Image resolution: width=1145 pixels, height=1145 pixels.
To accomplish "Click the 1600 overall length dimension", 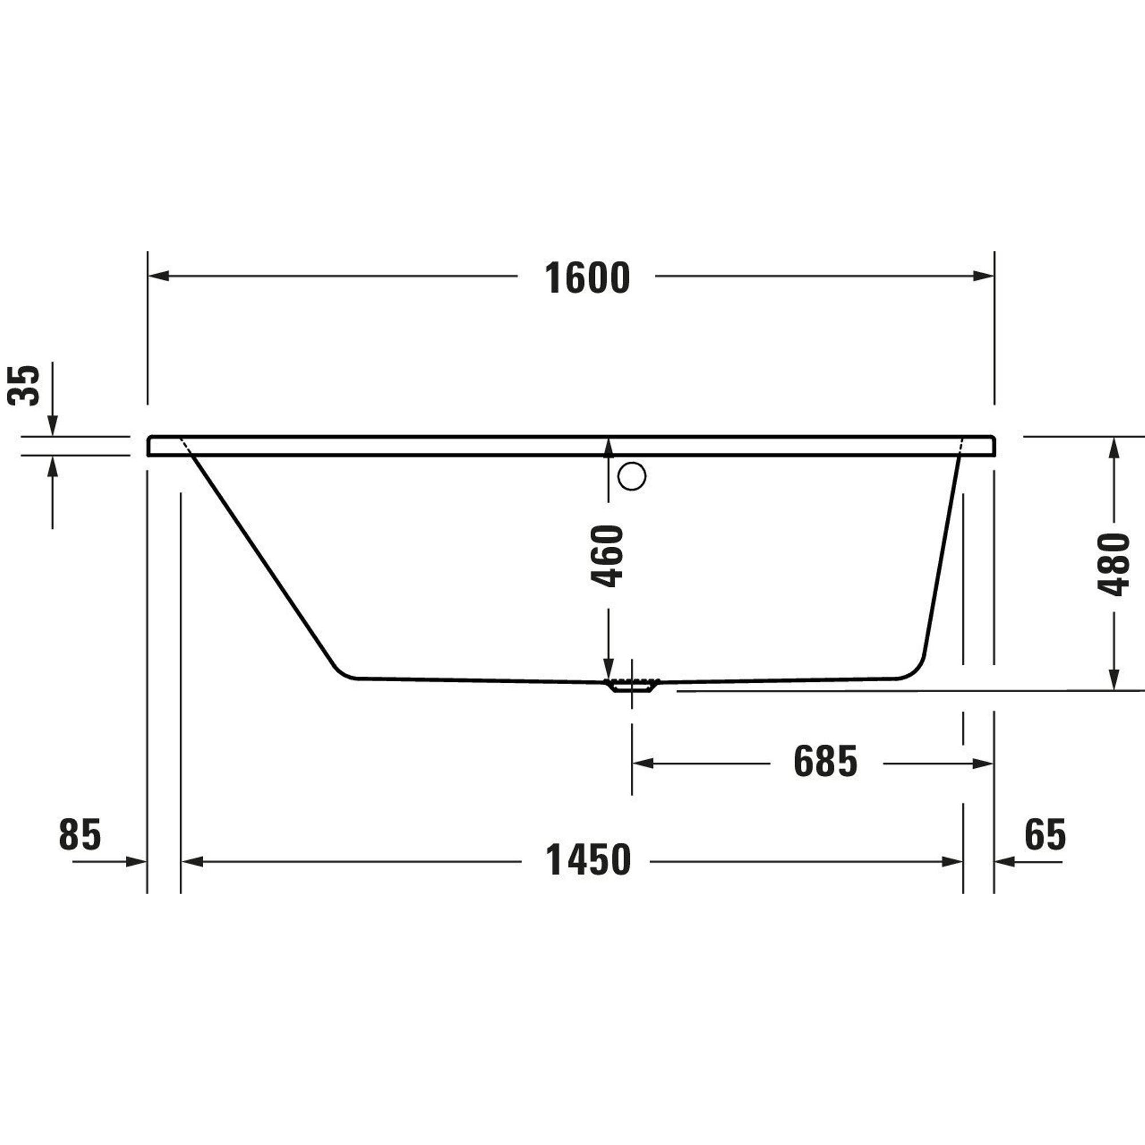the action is click(x=587, y=278).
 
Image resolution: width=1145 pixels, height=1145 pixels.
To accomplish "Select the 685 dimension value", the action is click(x=826, y=762).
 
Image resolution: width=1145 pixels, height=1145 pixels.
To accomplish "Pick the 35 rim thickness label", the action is click(x=23, y=385).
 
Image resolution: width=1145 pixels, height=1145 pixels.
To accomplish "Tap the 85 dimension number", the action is click(x=80, y=835).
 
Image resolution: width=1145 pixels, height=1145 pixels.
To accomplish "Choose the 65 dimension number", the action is click(x=1045, y=835).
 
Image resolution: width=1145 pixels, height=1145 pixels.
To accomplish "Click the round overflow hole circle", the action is click(x=632, y=476).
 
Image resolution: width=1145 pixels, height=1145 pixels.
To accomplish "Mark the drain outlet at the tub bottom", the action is click(x=632, y=685).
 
